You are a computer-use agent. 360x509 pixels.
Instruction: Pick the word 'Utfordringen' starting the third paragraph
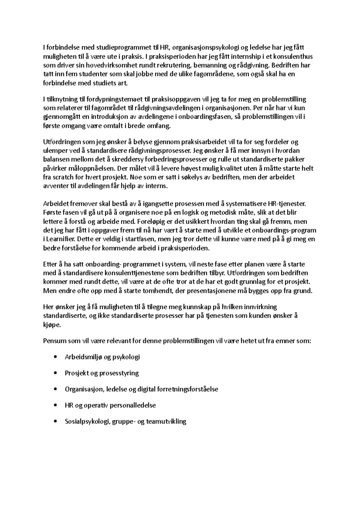pyautogui.click(x=61, y=142)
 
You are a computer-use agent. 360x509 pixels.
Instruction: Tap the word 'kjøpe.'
pyautogui.click(x=52, y=325)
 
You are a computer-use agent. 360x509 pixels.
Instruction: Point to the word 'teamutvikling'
pyautogui.click(x=166, y=421)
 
